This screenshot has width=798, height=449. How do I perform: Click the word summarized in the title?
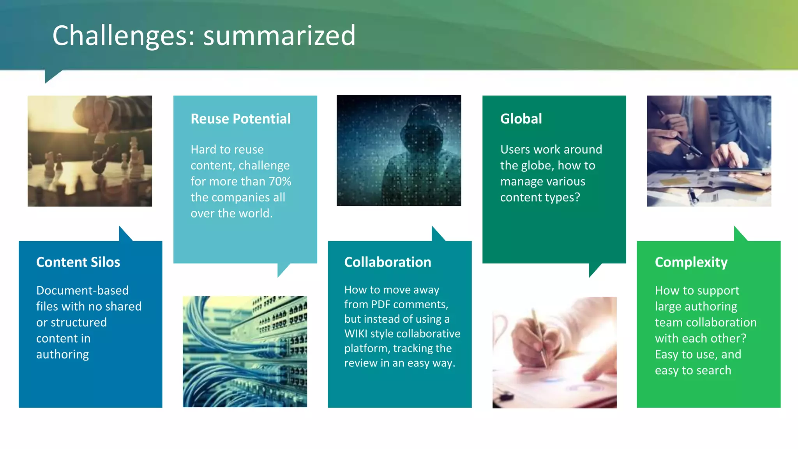pos(279,36)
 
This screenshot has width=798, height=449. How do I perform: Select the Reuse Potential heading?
pos(240,119)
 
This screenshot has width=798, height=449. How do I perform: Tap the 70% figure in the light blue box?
pos(280,182)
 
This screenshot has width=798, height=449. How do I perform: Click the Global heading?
pos(521,119)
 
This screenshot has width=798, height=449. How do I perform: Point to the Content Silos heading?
pos(78,262)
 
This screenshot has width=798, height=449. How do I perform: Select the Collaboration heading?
pos(387,262)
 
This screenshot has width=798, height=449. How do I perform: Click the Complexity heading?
pos(691,262)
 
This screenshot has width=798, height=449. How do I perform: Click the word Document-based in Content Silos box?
pos(82,290)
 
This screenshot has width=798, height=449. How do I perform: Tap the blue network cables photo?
pos(245,352)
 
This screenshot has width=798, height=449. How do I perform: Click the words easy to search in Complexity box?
pos(693,370)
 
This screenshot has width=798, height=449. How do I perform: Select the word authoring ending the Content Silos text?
pos(62,354)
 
